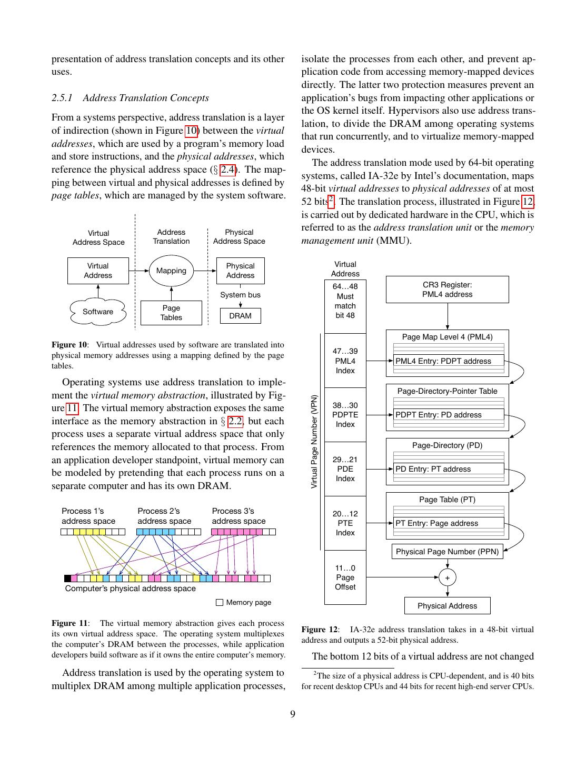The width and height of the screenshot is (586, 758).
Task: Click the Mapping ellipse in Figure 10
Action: (x=171, y=271)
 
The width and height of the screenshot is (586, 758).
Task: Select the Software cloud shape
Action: (x=98, y=312)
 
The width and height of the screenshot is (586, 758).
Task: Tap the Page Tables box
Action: (x=171, y=313)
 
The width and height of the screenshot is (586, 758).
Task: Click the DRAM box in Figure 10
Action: (x=240, y=316)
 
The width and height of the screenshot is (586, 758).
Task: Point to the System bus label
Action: (x=240, y=295)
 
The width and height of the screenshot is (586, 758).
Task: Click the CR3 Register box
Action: (x=447, y=290)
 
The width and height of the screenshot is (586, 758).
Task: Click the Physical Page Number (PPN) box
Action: (x=447, y=552)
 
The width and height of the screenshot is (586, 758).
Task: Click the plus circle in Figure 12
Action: (x=448, y=577)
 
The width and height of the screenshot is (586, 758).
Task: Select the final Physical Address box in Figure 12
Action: (x=447, y=606)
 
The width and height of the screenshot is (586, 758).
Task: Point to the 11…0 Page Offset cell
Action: (x=345, y=577)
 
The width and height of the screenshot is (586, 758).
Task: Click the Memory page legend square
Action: (x=220, y=602)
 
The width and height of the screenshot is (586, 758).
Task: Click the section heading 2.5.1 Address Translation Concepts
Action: (x=130, y=98)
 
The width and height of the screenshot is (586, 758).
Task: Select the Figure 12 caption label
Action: (x=320, y=630)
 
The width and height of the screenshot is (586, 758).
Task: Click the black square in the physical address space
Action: (x=67, y=578)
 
